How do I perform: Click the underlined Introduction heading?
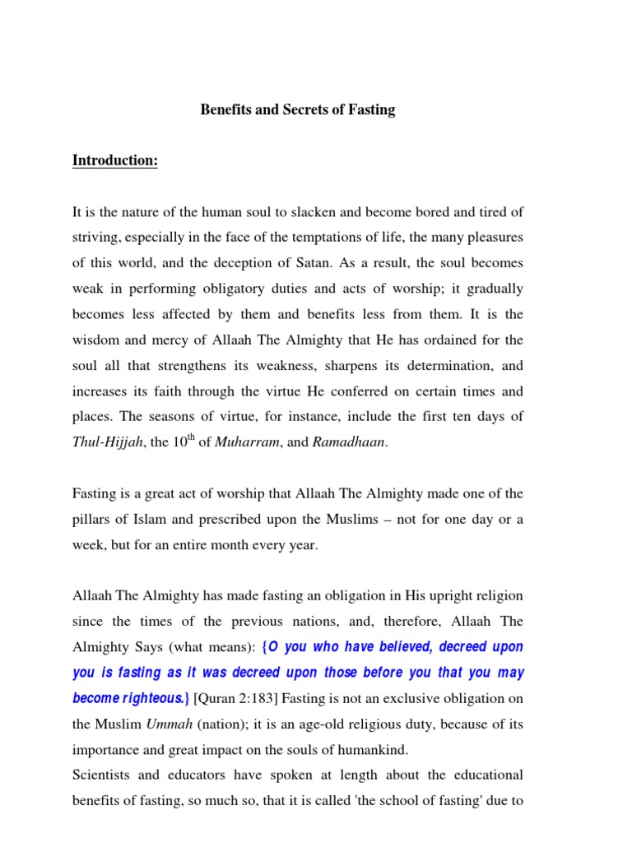coord(114,160)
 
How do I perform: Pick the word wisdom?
coord(97,340)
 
